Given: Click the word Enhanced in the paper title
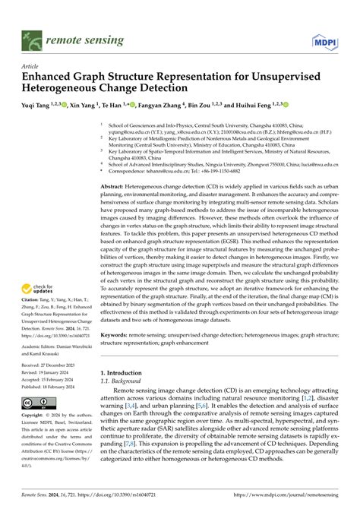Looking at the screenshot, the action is click(x=52, y=77).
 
